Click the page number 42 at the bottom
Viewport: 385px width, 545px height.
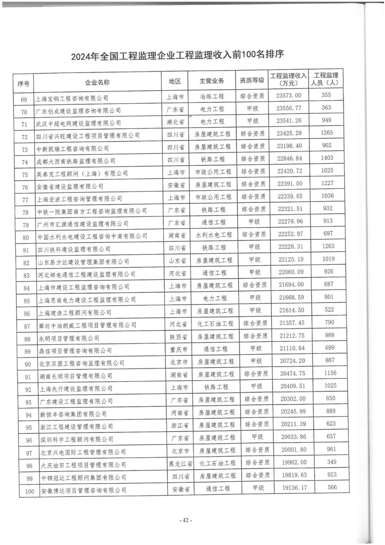pos(185,520)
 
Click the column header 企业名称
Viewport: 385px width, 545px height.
pos(97,82)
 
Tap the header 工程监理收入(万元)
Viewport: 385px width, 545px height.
pos(288,79)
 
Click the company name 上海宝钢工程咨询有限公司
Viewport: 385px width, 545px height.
pos(72,98)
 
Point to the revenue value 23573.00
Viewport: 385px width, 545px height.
pos(289,95)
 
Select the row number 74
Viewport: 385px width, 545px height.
pos(25,162)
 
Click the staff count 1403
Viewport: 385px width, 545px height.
pos(327,158)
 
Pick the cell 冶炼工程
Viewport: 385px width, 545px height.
pos(212,96)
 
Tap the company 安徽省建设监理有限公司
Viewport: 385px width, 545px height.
pos(70,186)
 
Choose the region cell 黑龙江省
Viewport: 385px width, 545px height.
pos(181,464)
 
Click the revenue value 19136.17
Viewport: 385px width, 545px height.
pos(294,488)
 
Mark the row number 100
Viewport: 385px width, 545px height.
pos(30,491)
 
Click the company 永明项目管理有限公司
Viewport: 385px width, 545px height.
pos(69,338)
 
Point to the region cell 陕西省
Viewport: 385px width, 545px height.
pos(179,337)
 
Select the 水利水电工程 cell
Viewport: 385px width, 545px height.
pos(214,234)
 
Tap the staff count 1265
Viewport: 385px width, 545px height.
pos(327,132)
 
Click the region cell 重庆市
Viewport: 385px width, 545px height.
pos(179,349)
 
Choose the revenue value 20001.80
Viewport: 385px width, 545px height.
pos(293,450)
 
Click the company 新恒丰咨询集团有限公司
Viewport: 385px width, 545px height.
pos(73,414)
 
